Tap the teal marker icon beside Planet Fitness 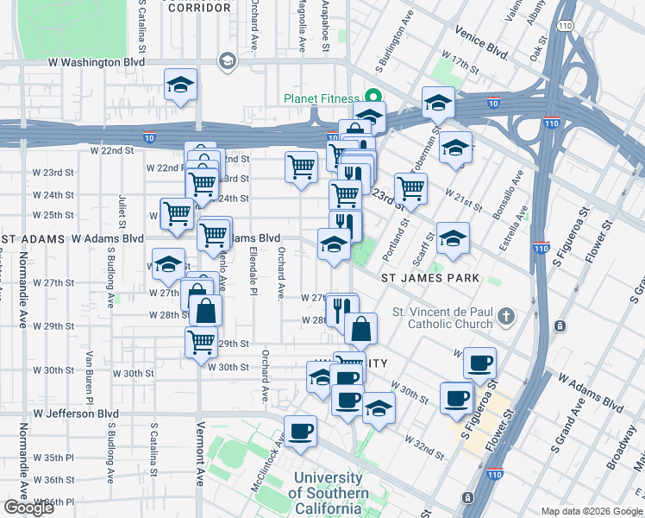373,97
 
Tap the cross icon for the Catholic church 505,317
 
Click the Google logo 28,508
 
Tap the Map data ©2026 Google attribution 592,511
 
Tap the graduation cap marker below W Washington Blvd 181,85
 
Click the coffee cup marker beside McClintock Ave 300,431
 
